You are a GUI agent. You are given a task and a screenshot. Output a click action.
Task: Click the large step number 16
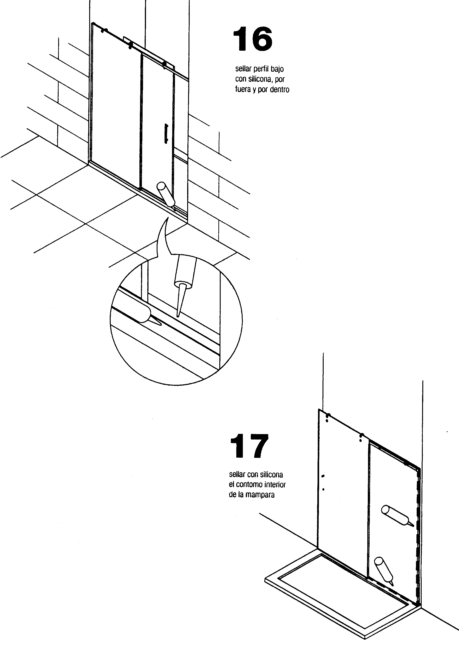[x=253, y=39]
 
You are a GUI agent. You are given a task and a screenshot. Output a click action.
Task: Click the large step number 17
[x=249, y=446]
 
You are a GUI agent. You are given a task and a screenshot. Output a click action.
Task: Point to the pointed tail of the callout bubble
[x=168, y=218]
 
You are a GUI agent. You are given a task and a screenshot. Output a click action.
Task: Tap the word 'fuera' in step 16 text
[x=243, y=90]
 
